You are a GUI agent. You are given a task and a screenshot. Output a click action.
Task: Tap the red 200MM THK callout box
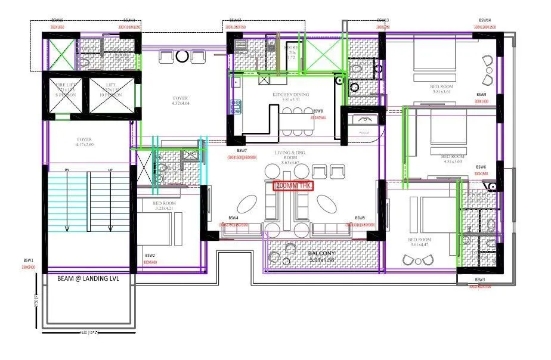(x=294, y=185)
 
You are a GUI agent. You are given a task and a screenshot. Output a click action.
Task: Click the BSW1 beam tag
(x=28, y=260)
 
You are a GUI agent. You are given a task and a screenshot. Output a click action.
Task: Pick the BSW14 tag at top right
(x=485, y=20)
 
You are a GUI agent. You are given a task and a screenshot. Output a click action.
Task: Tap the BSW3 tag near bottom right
(x=480, y=280)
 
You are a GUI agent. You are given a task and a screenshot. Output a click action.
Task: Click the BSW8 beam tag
(x=318, y=111)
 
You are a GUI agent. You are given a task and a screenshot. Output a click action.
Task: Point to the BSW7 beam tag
(x=242, y=151)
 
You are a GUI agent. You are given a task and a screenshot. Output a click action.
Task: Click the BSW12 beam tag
(x=235, y=20)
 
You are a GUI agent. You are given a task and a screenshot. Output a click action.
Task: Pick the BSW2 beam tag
(x=150, y=255)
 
